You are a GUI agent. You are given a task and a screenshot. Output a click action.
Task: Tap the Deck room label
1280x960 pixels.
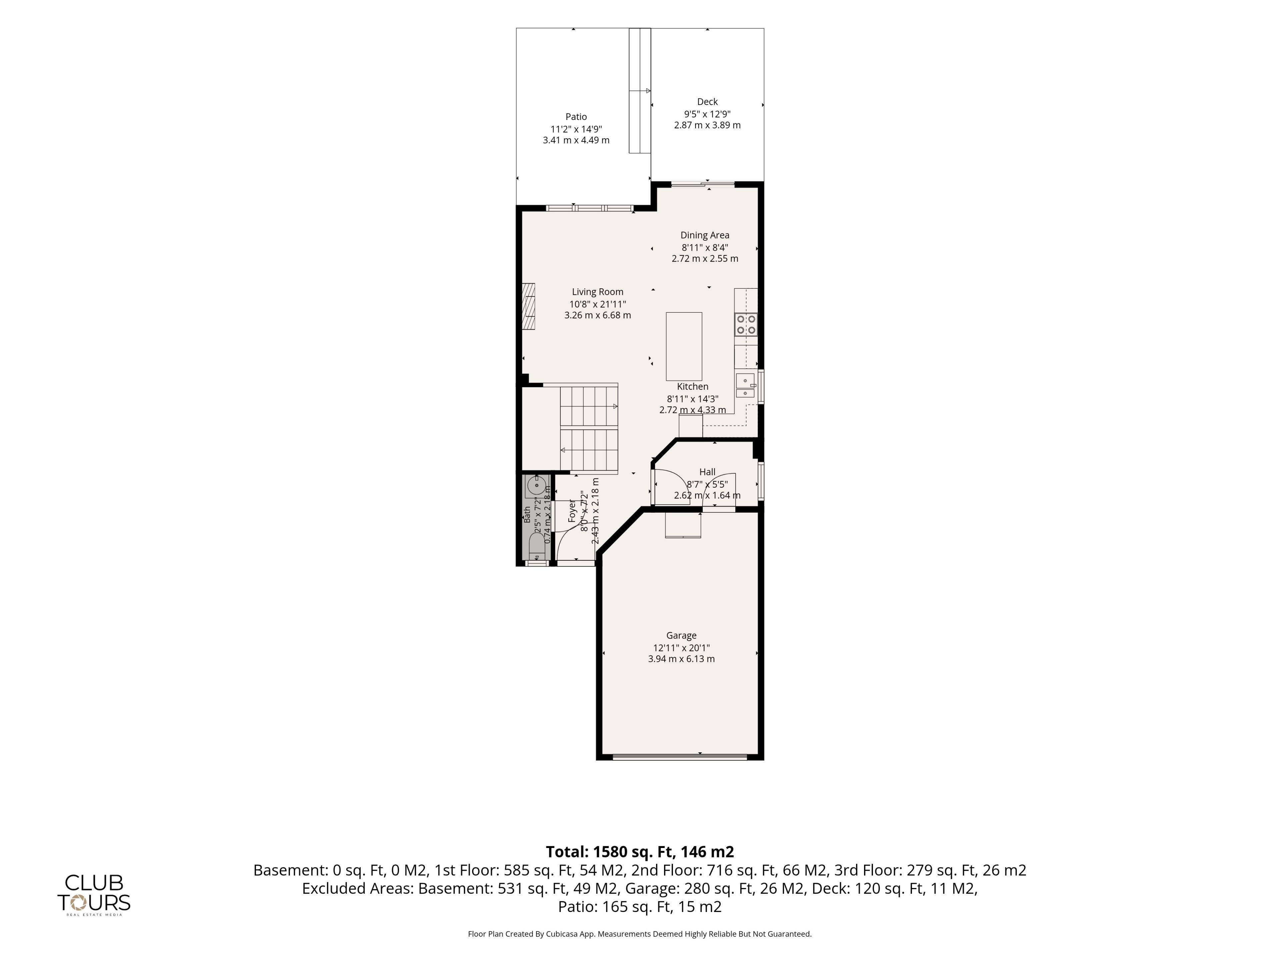tap(707, 102)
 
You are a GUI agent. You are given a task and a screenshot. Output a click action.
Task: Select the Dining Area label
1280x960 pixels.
tap(705, 235)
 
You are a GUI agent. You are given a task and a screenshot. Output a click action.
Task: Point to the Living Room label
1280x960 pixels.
tap(598, 292)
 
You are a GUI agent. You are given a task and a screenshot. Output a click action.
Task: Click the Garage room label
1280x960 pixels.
tap(681, 635)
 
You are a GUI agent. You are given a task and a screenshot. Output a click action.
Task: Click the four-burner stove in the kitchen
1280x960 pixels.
tap(746, 325)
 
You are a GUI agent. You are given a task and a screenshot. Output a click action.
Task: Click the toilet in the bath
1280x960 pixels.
tap(536, 547)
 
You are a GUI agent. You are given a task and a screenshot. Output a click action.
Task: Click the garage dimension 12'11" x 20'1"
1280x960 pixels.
tap(681, 648)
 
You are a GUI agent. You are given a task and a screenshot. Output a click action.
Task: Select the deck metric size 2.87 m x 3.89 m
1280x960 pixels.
tap(707, 125)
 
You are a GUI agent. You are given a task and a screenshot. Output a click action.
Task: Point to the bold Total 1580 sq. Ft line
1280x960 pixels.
tap(640, 852)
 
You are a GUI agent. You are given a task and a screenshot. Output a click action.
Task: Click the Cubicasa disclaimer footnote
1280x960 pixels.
tap(640, 933)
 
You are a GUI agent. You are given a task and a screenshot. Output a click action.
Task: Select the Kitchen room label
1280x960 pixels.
tap(693, 387)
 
